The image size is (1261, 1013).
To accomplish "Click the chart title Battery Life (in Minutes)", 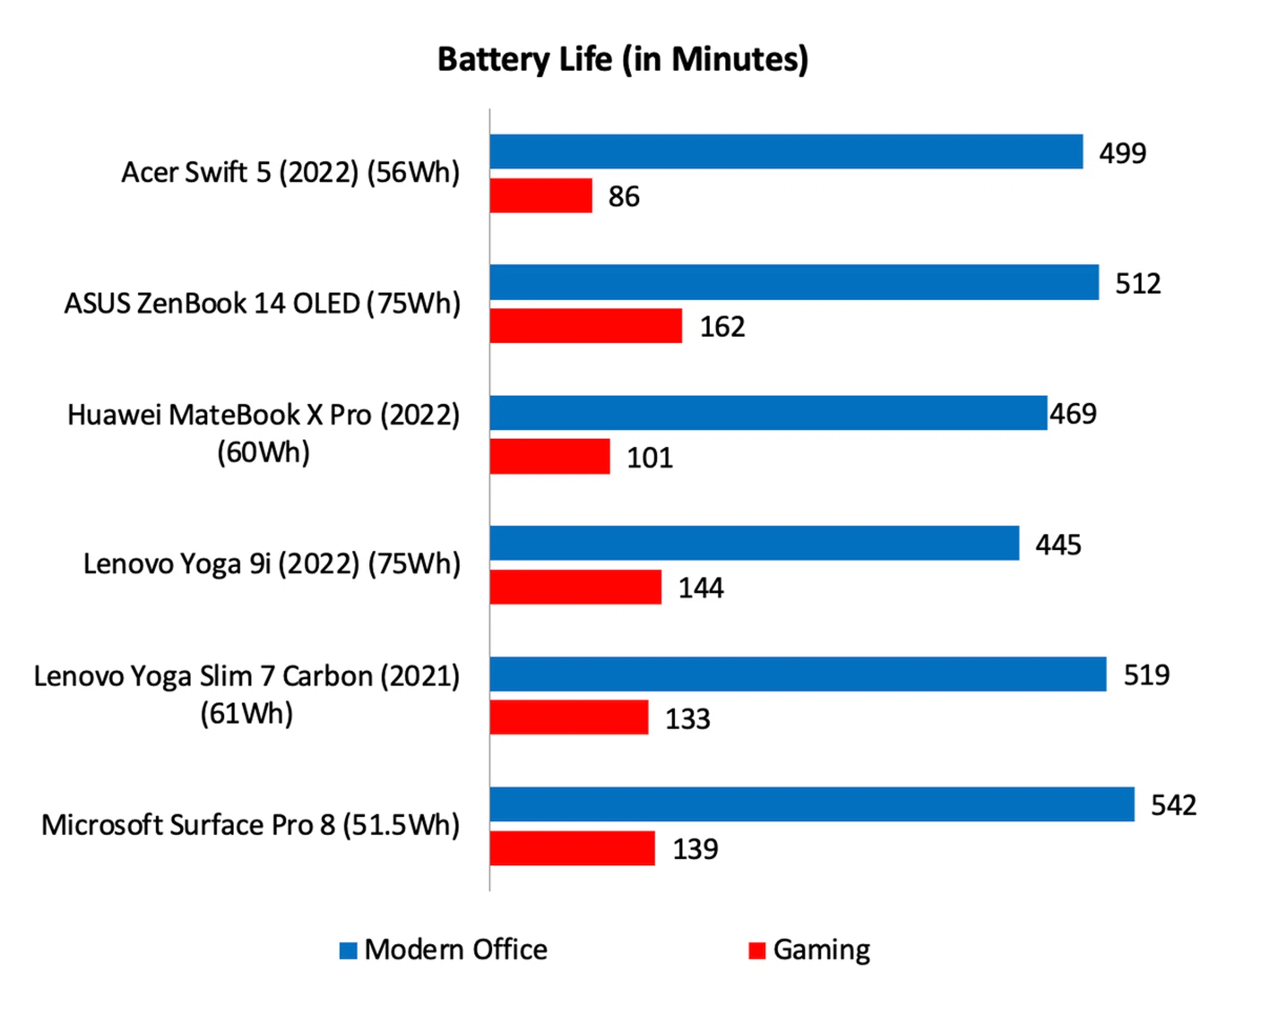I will coord(623,60).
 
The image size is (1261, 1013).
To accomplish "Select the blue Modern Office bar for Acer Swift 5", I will coord(785,152).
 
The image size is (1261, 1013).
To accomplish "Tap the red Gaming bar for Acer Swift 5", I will coord(541,196).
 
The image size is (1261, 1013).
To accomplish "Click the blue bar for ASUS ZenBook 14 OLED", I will coord(793,282).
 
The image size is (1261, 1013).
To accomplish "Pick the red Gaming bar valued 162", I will coord(585,326).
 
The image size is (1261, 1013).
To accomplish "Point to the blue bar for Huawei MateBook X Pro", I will coord(768,413).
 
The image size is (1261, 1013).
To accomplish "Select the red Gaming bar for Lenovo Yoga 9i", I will coord(575,587).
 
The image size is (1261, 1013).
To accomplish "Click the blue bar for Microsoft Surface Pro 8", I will coord(811,804).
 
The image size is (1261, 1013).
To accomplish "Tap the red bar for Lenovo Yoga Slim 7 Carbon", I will coord(569,717).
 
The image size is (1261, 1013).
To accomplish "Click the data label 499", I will coord(1122,154).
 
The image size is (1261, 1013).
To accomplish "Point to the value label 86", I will coord(623,196).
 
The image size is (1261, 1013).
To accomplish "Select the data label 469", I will coord(1073,414).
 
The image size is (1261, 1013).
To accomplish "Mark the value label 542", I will coord(1173,805).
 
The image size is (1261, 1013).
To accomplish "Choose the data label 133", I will coord(687,719).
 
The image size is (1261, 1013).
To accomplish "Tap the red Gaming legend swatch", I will coord(757,951).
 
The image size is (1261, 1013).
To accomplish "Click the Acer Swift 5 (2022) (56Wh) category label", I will coord(290,173).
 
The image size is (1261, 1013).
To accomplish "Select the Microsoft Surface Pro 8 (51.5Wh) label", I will coord(250,825).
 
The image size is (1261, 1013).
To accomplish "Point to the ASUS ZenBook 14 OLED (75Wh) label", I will coord(262,304).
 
